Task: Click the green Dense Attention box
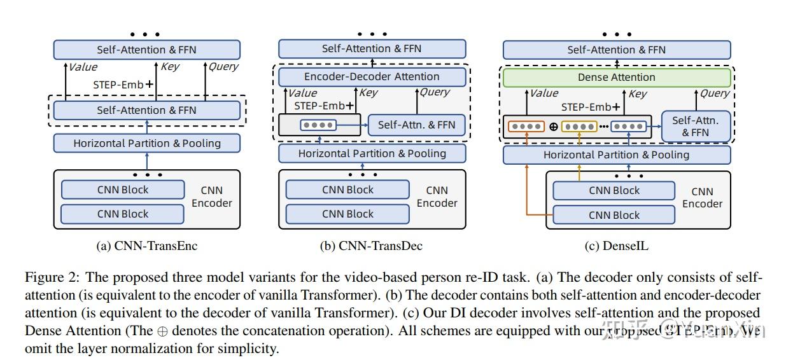pyautogui.click(x=615, y=78)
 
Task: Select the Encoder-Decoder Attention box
pyautogui.click(x=372, y=77)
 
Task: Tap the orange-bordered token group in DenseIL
pyautogui.click(x=526, y=126)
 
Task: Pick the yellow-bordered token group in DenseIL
pyautogui.click(x=579, y=126)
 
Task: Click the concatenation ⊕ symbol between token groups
pyautogui.click(x=553, y=126)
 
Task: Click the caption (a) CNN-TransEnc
pyautogui.click(x=146, y=246)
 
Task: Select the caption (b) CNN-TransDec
pyautogui.click(x=371, y=246)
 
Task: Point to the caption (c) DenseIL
pyautogui.click(x=616, y=246)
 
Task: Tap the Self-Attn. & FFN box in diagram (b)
pyautogui.click(x=416, y=125)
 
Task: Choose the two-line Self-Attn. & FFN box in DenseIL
pyautogui.click(x=695, y=126)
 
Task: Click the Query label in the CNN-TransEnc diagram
pyautogui.click(x=223, y=67)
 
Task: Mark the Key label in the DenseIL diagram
pyautogui.click(x=638, y=93)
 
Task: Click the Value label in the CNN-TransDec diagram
pyautogui.click(x=302, y=93)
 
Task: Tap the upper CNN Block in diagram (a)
pyautogui.click(x=122, y=190)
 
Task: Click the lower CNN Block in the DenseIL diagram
pyautogui.click(x=614, y=215)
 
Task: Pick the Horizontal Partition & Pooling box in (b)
pyautogui.click(x=372, y=153)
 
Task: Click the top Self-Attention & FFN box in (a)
pyautogui.click(x=146, y=50)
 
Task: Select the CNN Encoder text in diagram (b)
pyautogui.click(x=437, y=197)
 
